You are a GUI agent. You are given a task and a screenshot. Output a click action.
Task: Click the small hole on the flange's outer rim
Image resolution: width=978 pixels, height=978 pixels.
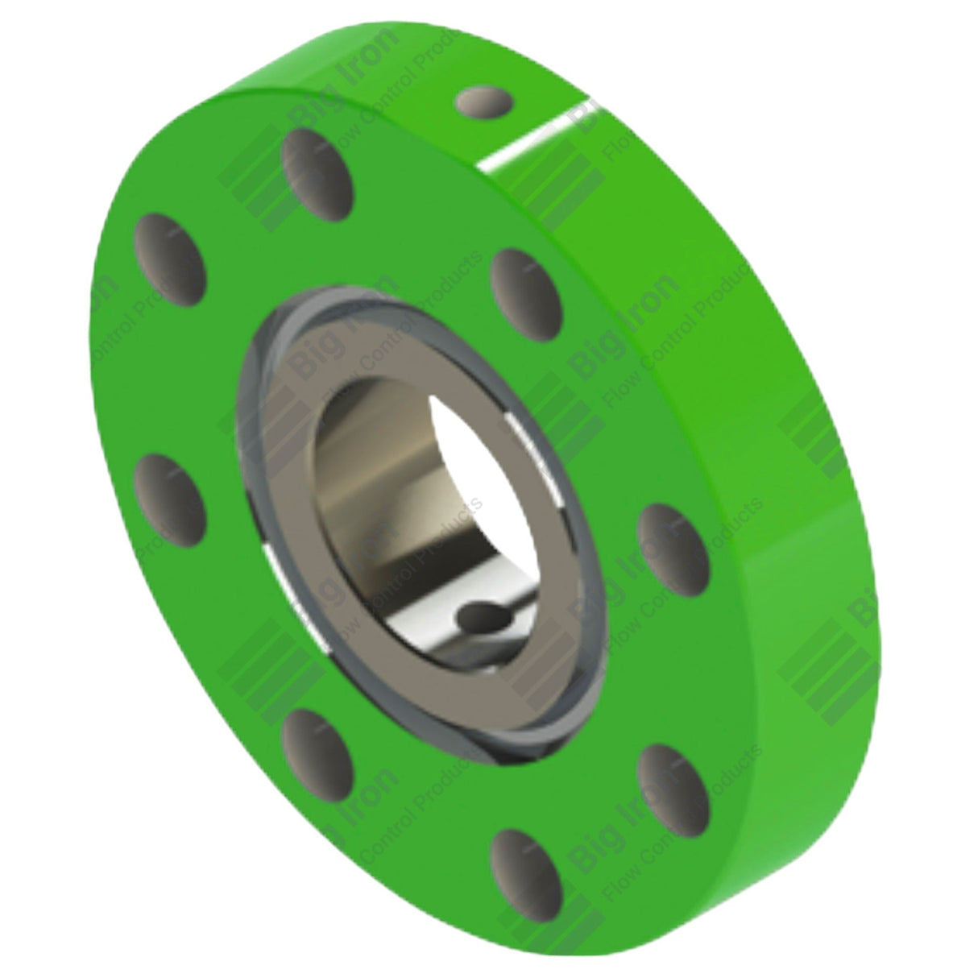[485, 106]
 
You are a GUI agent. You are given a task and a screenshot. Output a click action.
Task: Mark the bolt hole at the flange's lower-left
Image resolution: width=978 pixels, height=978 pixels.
[317, 746]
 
